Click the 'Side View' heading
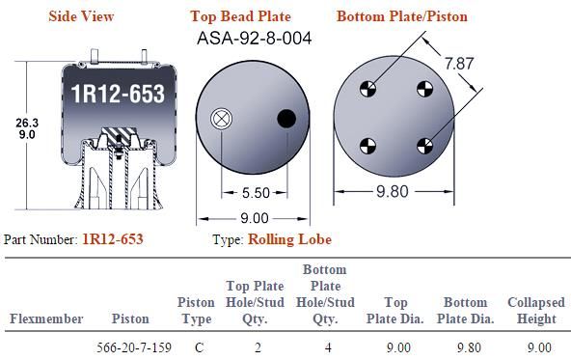pyautogui.click(x=81, y=16)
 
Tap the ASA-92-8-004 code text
pyautogui.click(x=255, y=38)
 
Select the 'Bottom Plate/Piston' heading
pyautogui.click(x=402, y=16)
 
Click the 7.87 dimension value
pyautogui.click(x=459, y=64)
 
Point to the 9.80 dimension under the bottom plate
pyautogui.click(x=393, y=191)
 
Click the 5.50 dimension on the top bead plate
pyautogui.click(x=256, y=193)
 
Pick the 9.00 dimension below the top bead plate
pyautogui.click(x=255, y=218)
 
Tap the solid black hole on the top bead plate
pyautogui.click(x=286, y=119)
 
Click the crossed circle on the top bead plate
pyautogui.click(x=221, y=119)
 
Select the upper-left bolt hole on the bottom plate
pyautogui.click(x=367, y=89)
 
